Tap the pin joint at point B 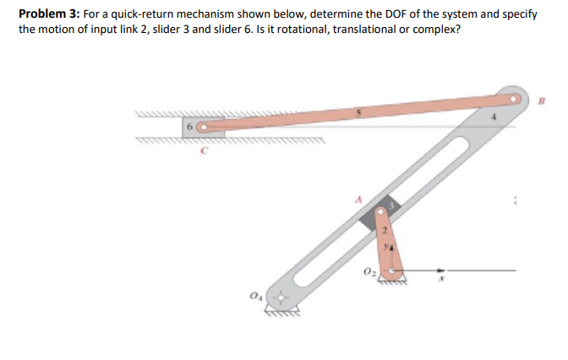point(513,98)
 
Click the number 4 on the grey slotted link point(496,120)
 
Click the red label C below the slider point(203,153)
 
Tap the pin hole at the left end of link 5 point(202,128)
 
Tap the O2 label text point(369,270)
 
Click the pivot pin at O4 point(275,298)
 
